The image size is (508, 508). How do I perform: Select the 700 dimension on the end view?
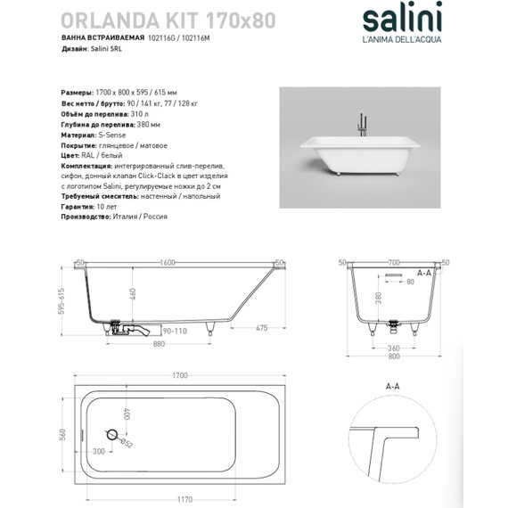pyautogui.click(x=395, y=263)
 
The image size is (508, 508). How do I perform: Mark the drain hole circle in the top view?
pyautogui.click(x=111, y=435)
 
